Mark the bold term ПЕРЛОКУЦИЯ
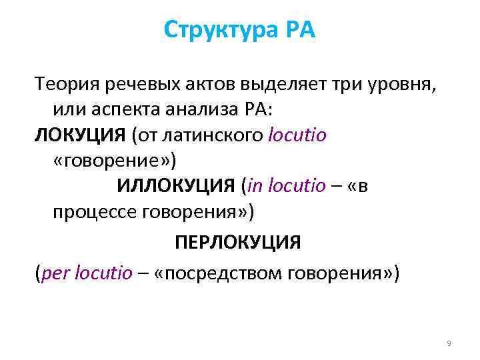coord(238,241)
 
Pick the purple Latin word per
coord(55,272)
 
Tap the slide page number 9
coord(449,343)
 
